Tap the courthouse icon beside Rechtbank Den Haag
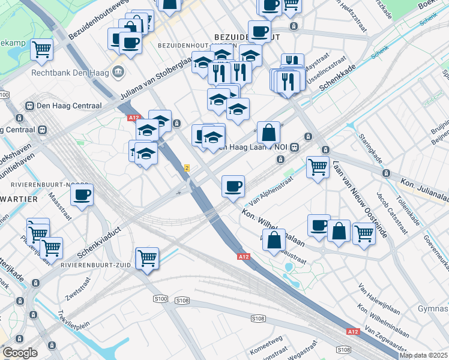[x=119, y=73]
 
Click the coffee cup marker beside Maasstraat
[x=82, y=194]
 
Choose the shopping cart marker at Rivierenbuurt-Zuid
[x=147, y=259]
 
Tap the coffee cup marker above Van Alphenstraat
[x=233, y=186]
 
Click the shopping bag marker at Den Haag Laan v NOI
[x=269, y=133]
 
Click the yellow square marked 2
[x=187, y=168]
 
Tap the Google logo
[x=20, y=353]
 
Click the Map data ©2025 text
[x=423, y=355]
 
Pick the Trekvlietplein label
[x=74, y=324]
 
